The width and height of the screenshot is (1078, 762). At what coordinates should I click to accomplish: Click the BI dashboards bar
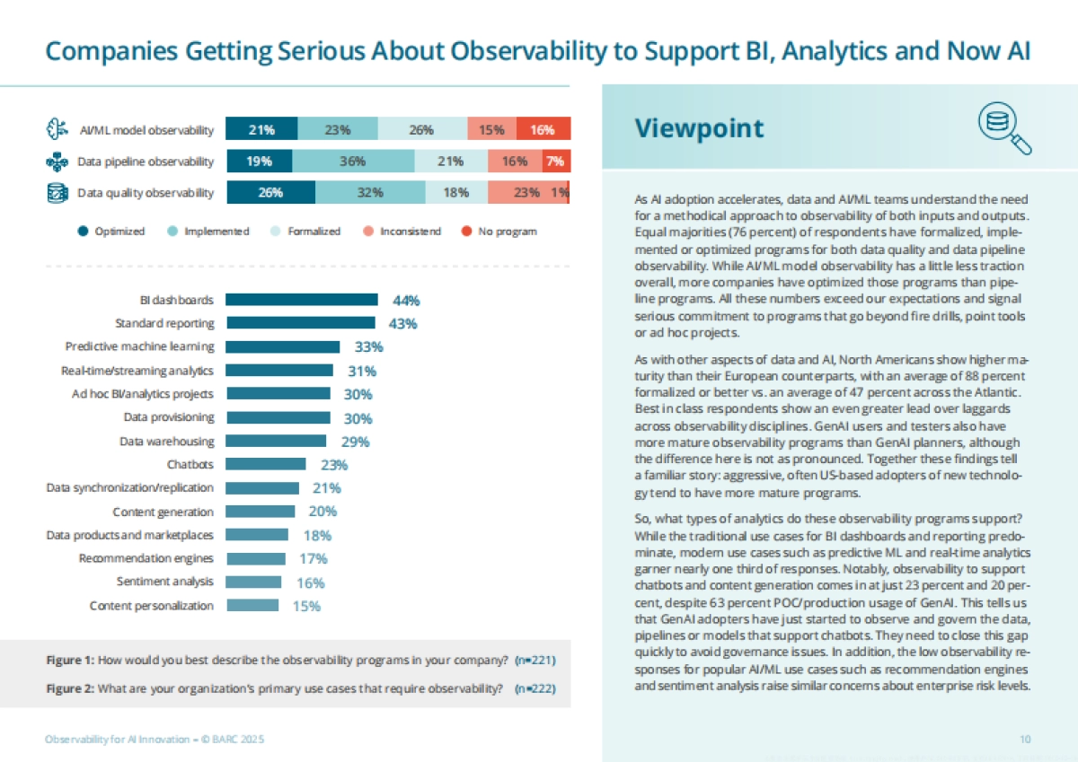(301, 300)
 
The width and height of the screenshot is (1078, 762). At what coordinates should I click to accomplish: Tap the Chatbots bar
(265, 464)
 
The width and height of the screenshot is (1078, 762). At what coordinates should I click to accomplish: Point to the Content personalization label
(152, 606)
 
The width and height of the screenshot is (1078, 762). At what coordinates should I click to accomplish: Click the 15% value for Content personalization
(306, 606)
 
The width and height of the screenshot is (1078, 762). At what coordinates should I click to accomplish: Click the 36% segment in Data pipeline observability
(352, 162)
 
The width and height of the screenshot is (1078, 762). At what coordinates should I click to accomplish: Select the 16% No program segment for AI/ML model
(543, 130)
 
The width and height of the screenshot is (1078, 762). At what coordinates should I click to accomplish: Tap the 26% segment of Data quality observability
(270, 192)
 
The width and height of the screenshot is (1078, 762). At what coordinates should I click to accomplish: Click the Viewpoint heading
(699, 128)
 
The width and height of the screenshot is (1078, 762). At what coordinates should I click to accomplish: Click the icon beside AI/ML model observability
(57, 130)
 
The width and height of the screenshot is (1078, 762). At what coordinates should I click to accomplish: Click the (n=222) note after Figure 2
(534, 689)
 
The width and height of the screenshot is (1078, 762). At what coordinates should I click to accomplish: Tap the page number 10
(1025, 739)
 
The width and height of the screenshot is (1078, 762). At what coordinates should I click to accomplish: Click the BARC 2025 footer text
(155, 739)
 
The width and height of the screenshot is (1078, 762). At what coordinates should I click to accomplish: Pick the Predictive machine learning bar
(282, 346)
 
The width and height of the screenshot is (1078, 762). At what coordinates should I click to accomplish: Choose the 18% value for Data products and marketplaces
(317, 535)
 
